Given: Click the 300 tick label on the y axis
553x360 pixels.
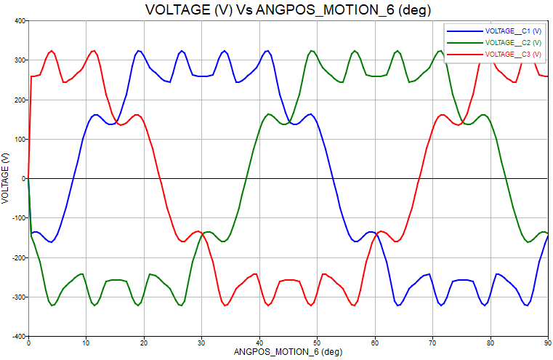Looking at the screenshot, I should (18, 60).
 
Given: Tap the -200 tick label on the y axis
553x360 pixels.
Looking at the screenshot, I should (17, 257).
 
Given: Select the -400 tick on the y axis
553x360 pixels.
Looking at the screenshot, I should (17, 337).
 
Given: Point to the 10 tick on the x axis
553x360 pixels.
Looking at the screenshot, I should (86, 342).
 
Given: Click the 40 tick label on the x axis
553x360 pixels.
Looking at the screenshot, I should (259, 342).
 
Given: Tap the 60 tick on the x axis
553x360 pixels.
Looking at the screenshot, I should (375, 342).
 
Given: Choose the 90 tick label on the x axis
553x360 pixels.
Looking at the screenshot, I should (547, 342).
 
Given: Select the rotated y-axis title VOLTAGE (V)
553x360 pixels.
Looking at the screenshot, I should (6, 178).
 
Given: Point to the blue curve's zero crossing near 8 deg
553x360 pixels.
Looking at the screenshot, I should (75, 178).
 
